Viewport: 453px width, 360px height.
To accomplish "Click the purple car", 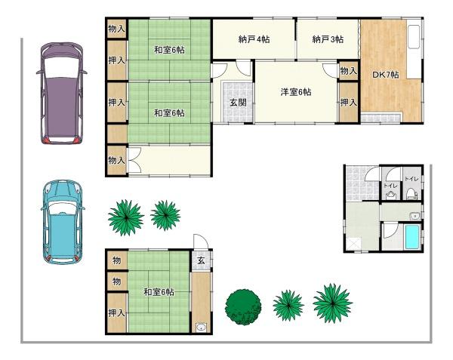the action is tap(62, 94).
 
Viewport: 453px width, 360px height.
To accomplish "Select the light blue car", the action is tap(63, 222).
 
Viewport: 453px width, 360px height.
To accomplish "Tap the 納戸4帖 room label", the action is tap(254, 39).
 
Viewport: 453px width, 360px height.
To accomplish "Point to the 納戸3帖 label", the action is tap(328, 39).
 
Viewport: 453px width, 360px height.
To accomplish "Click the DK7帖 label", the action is tap(385, 75).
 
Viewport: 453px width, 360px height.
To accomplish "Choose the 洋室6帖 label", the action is tap(296, 92).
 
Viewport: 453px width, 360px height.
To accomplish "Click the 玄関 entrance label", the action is tap(238, 102).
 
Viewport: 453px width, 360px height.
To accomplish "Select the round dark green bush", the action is tap(243, 307).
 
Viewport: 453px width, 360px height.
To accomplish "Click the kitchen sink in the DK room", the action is tap(414, 37).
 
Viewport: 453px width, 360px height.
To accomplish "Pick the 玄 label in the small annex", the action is tap(202, 260).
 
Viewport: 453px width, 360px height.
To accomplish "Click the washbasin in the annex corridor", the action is tap(201, 328).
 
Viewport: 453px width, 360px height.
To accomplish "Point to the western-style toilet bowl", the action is tap(410, 193).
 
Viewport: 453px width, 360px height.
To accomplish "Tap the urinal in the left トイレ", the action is tap(390, 195).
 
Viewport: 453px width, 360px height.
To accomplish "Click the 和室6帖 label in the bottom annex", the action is tap(159, 292).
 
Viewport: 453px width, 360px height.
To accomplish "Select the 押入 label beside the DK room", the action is tap(348, 102).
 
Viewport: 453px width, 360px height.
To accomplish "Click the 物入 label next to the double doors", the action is tap(116, 160).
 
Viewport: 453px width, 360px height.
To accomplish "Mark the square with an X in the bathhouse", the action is tap(355, 243).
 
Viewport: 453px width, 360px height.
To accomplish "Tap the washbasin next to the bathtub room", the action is tap(414, 216).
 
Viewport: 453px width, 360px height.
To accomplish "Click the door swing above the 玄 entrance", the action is tap(200, 242).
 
